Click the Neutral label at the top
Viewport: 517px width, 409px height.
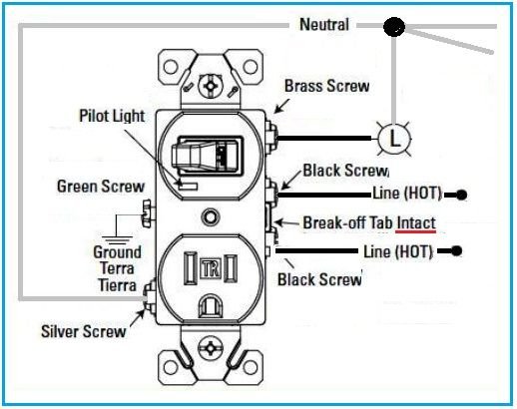point(324,24)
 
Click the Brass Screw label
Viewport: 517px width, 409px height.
point(326,87)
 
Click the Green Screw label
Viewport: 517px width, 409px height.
point(100,186)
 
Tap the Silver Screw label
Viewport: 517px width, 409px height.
point(84,330)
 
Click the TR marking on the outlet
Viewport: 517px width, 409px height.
point(211,267)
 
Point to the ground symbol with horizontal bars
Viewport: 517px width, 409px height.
point(121,228)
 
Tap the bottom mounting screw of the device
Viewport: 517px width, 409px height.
point(211,350)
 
